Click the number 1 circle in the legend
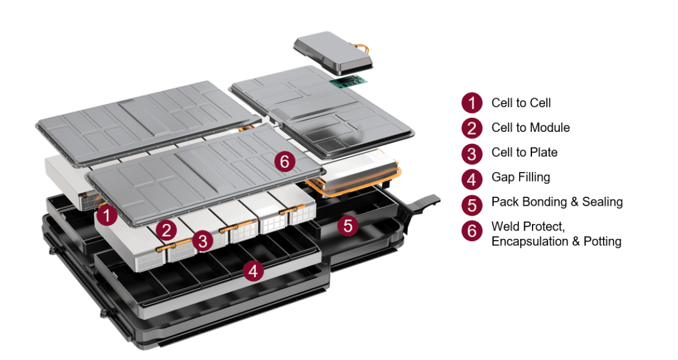tap(471, 103)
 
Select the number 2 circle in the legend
tap(471, 128)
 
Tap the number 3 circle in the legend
tap(471, 153)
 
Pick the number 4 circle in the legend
tap(471, 177)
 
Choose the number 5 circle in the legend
tap(471, 203)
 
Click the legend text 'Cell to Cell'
tap(521, 103)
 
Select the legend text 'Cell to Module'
tap(530, 128)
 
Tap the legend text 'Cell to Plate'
tap(524, 153)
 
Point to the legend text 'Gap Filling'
tap(521, 177)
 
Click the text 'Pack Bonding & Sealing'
tap(557, 202)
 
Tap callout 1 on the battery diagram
tap(106, 215)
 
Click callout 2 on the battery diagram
tap(167, 230)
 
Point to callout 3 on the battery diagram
tap(203, 241)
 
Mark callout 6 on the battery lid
tap(285, 161)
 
